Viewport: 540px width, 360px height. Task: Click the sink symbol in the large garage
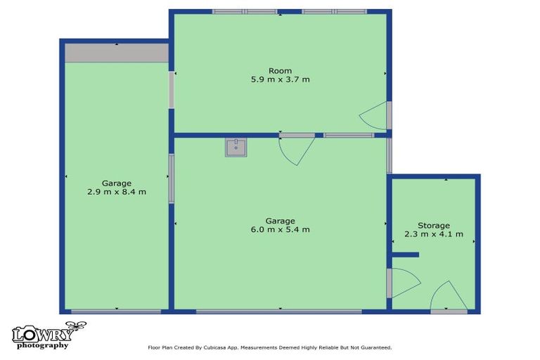coord(236,148)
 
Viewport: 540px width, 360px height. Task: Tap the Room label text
coord(280,70)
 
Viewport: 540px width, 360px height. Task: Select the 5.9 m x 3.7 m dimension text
coord(280,79)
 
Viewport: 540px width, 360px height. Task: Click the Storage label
coord(433,225)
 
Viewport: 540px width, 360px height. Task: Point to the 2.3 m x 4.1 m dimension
coord(433,234)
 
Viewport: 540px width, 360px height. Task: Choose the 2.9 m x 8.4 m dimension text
coord(116,192)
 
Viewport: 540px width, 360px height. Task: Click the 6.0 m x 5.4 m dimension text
coord(280,229)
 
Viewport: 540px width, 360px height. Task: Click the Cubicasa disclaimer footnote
coord(269,347)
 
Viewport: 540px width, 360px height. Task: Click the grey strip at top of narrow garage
coord(116,53)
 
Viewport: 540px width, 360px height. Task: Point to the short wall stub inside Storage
coord(406,255)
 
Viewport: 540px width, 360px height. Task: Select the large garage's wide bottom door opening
coord(280,311)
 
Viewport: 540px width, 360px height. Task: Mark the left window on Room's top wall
coord(245,11)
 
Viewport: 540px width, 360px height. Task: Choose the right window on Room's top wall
coord(334,11)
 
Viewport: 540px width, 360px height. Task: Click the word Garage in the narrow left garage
coord(116,183)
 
